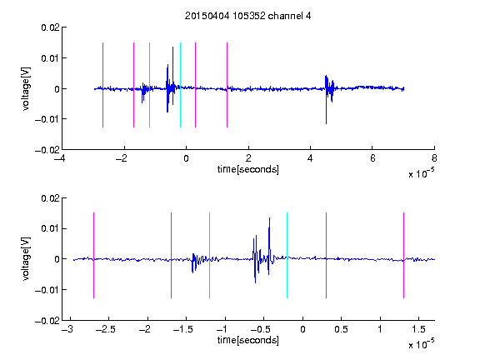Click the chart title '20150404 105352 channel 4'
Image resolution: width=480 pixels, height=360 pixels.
pyautogui.click(x=247, y=16)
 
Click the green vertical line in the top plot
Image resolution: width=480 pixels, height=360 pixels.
pyautogui.click(x=149, y=85)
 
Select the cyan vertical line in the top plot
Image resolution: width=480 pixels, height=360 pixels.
pyautogui.click(x=180, y=85)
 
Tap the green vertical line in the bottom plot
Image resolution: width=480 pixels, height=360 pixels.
pyautogui.click(x=209, y=255)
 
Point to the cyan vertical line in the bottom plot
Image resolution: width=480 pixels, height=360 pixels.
pyautogui.click(x=287, y=255)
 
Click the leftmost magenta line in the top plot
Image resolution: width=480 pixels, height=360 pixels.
pyautogui.click(x=102, y=85)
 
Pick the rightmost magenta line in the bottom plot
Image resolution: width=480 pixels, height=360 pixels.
pyautogui.click(x=403, y=255)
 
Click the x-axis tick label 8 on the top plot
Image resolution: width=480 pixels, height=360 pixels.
pyautogui.click(x=434, y=158)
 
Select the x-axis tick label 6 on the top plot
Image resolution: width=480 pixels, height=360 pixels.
pyautogui.click(x=372, y=158)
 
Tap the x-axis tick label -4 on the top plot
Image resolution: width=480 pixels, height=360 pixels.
pyautogui.click(x=59, y=158)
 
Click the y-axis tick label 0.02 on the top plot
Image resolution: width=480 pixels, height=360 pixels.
pyautogui.click(x=50, y=27)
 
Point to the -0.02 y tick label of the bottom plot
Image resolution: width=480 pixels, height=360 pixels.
pyautogui.click(x=47, y=321)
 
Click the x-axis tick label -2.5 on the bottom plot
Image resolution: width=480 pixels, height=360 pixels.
pyautogui.click(x=105, y=329)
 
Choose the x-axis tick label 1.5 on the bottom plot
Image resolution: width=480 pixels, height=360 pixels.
pyautogui.click(x=418, y=329)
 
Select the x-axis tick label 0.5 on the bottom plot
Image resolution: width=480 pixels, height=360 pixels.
pyautogui.click(x=341, y=329)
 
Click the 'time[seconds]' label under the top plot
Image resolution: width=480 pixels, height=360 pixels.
pyautogui.click(x=248, y=169)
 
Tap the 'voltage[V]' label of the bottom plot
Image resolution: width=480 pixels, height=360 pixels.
pyautogui.click(x=27, y=258)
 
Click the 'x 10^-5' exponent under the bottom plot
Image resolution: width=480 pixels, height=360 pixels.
pyautogui.click(x=421, y=344)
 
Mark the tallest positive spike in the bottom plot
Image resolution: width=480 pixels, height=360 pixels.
pyautogui.click(x=269, y=218)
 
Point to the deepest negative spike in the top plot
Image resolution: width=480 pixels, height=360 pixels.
pyautogui.click(x=326, y=123)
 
